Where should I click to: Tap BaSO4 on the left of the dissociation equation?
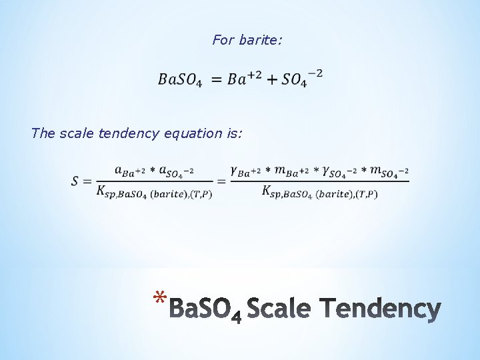[x=178, y=79]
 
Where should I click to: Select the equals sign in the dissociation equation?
[x=216, y=79]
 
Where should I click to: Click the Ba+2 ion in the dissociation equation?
[x=243, y=79]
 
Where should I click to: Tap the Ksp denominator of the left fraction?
[x=153, y=193]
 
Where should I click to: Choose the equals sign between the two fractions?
[x=221, y=181]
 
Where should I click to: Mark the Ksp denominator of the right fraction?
[x=319, y=193]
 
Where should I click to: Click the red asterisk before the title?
[x=159, y=299]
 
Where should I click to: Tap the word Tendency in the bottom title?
[x=379, y=309]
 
